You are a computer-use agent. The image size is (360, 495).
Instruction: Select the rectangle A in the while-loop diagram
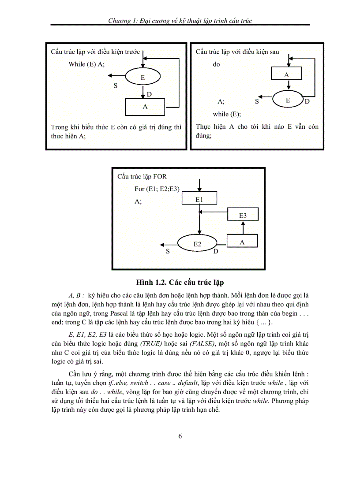[x=145, y=107]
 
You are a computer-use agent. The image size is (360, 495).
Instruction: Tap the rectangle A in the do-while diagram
[x=286, y=75]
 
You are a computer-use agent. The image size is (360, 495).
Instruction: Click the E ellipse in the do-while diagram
[x=288, y=100]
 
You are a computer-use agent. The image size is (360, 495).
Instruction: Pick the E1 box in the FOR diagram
[x=199, y=199]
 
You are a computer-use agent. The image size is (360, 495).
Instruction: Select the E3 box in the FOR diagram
[x=243, y=215]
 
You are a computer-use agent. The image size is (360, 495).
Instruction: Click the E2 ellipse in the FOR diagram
[x=197, y=244]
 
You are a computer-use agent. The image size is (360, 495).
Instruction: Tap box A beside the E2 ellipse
[x=242, y=242]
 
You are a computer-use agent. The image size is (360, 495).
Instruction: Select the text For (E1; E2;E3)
[x=160, y=189]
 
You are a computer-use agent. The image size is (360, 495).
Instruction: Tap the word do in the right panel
[x=216, y=64]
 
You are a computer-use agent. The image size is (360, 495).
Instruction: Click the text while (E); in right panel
[x=227, y=114]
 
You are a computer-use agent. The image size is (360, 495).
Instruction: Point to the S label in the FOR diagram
[x=168, y=251]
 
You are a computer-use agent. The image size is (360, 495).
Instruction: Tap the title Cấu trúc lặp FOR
[x=142, y=177]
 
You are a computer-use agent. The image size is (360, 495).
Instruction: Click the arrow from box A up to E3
[x=242, y=227]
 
